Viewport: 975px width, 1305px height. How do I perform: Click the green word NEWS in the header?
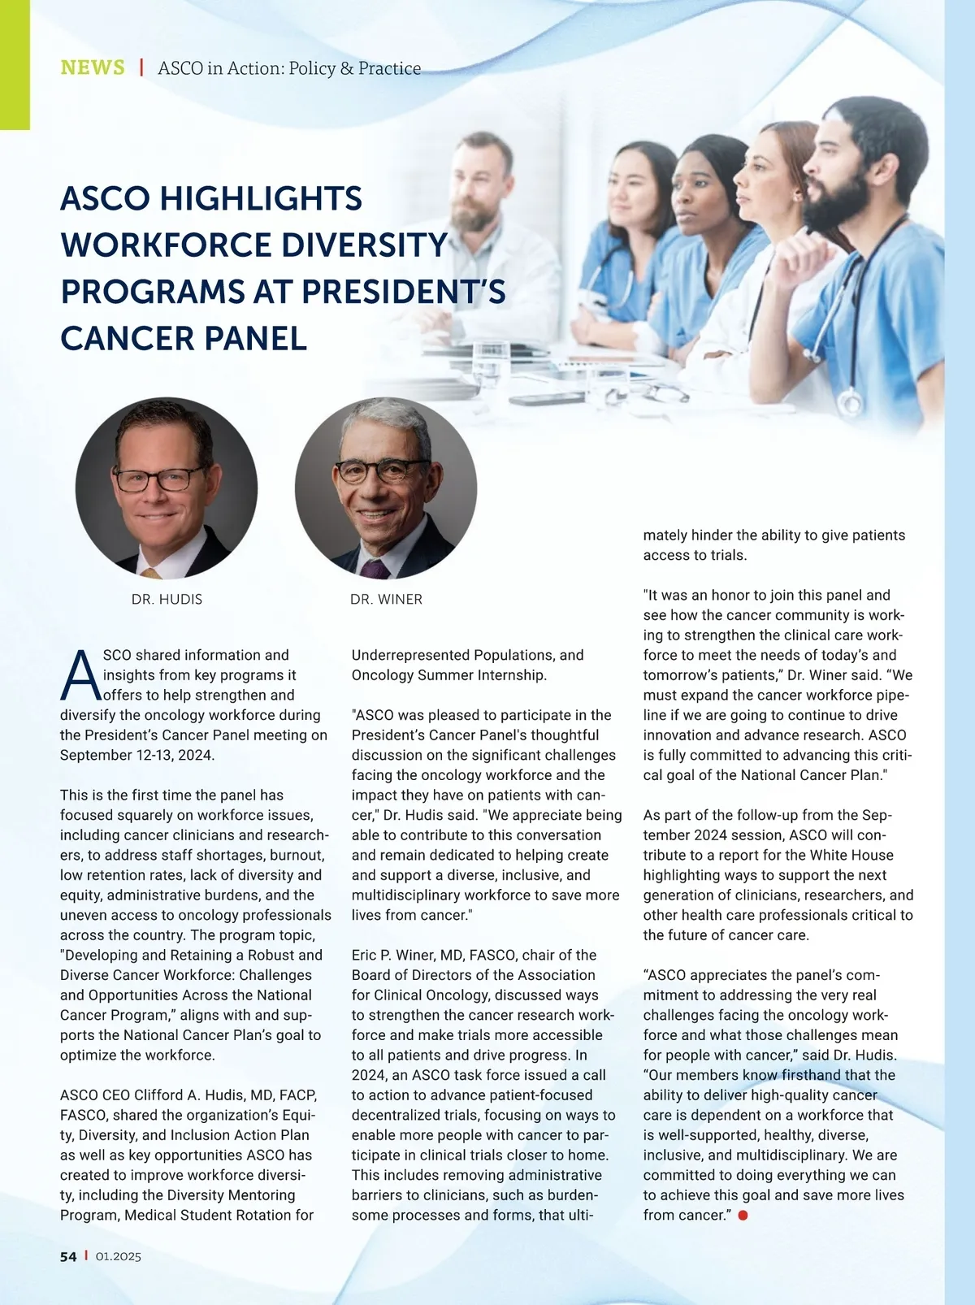tap(93, 67)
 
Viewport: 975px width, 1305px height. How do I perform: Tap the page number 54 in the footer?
tap(68, 1256)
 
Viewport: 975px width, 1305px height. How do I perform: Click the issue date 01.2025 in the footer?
tap(119, 1256)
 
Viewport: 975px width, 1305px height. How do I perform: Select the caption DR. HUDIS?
tap(167, 600)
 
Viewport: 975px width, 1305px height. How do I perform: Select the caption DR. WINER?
tap(386, 600)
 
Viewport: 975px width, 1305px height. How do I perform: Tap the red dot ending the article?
tap(743, 1216)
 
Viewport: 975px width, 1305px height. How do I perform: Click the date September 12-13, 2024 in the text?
tap(137, 756)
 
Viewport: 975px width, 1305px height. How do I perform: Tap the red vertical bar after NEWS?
tap(141, 67)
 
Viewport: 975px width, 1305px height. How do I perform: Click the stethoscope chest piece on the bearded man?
tap(849, 401)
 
